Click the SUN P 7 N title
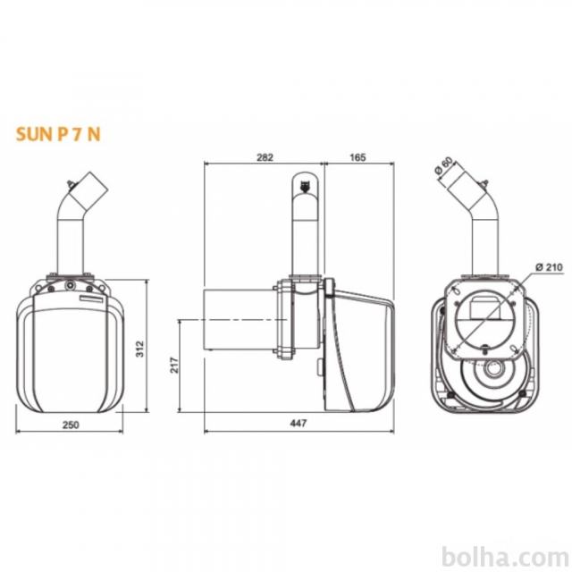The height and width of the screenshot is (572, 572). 58,134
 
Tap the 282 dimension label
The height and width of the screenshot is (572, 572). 265,157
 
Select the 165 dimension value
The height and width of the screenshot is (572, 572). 357,157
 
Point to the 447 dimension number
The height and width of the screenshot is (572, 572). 299,423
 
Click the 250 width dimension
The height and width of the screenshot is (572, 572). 71,425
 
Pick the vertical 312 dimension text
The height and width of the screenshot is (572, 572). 140,349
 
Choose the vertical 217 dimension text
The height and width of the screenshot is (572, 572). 174,365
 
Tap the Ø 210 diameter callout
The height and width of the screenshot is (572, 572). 549,267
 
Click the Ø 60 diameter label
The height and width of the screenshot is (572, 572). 444,166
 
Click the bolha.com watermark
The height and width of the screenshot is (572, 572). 505,558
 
